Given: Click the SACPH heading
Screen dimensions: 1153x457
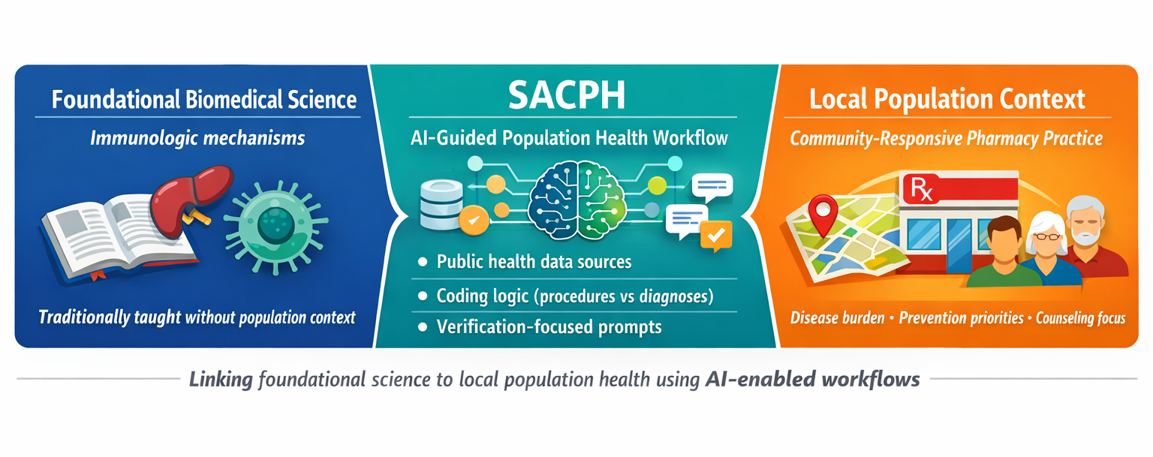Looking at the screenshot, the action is coord(567,95).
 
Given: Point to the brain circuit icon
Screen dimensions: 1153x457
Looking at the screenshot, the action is coord(577,200).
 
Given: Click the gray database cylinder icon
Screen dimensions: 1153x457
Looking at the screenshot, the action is coord(441,205).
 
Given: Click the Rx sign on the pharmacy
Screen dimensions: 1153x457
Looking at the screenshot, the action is coord(921,189).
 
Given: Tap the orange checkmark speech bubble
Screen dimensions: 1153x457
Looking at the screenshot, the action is coord(716,236).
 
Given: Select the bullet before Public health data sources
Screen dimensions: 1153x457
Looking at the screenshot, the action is coord(423,262).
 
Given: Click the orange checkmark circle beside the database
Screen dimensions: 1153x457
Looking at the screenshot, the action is coord(474,221).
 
